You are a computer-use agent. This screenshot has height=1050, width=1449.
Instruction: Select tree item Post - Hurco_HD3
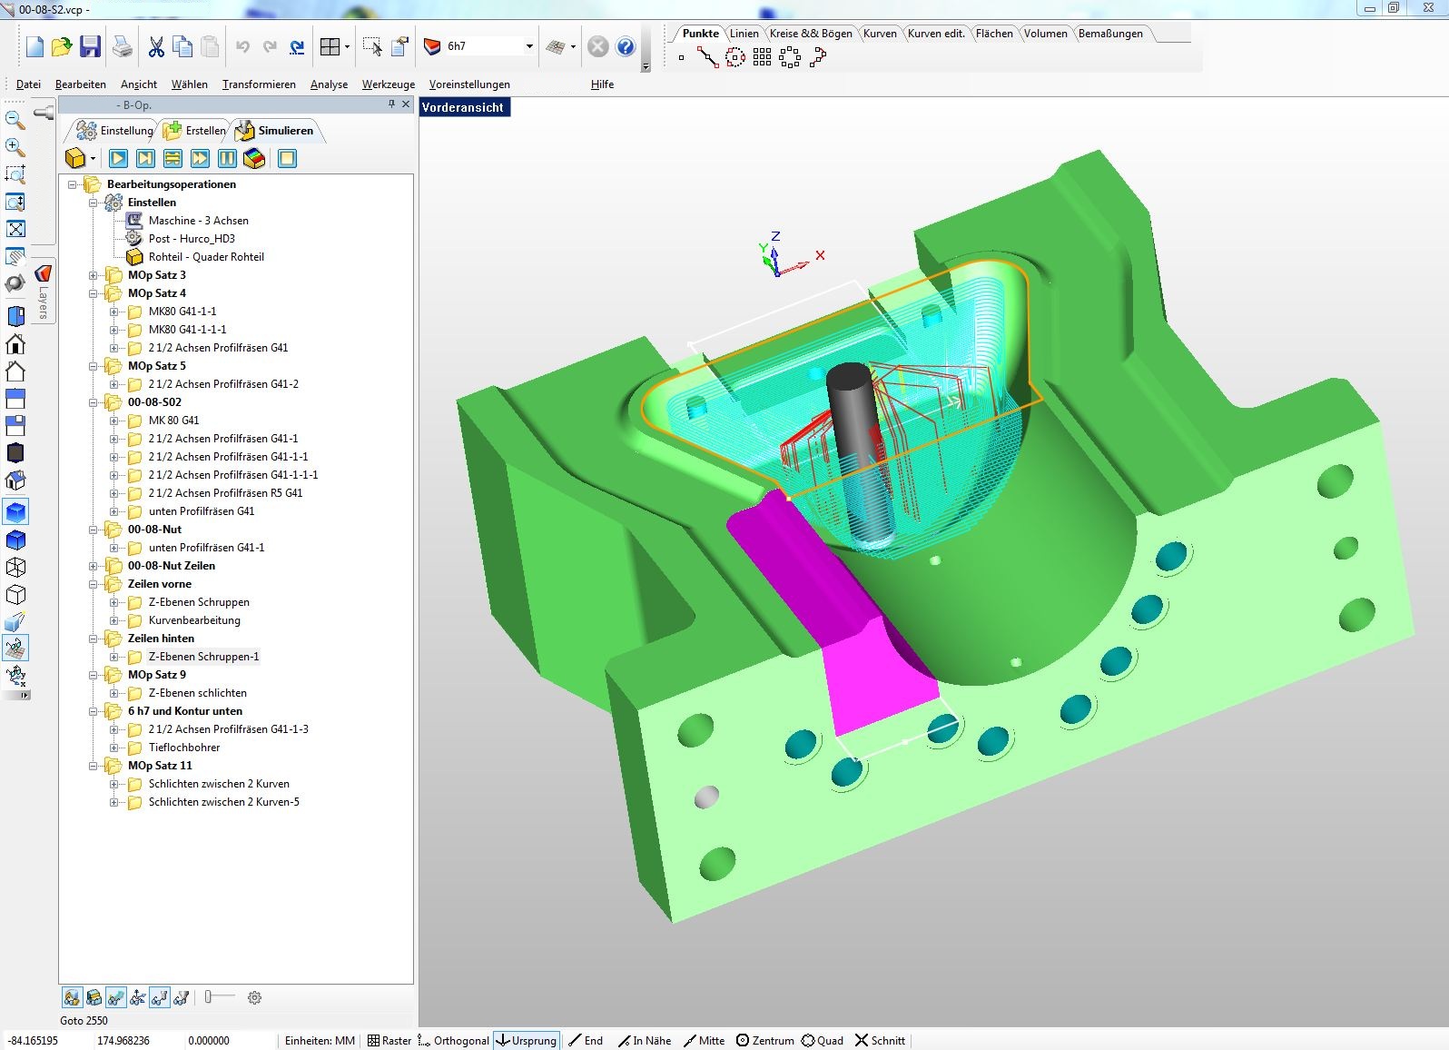[192, 239]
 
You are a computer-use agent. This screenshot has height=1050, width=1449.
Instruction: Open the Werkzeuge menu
[388, 84]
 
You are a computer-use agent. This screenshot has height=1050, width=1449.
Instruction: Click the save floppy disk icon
[90, 46]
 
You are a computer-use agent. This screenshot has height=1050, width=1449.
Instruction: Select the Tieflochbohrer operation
[184, 748]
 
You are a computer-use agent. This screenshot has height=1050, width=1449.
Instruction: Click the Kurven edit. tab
[935, 34]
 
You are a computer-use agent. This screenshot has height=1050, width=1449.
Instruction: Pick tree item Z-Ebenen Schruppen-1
[203, 657]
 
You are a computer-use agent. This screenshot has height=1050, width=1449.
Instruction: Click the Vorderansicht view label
[462, 107]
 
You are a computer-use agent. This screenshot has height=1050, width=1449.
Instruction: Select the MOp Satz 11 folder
[160, 766]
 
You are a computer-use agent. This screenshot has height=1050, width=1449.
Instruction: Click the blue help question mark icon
[626, 46]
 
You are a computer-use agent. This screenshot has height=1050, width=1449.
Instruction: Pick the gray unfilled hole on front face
[705, 797]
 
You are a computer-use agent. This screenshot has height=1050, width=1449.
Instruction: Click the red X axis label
[820, 255]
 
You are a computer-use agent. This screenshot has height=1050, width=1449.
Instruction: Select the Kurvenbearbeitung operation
[194, 620]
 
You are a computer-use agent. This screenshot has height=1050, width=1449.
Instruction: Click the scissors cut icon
[156, 46]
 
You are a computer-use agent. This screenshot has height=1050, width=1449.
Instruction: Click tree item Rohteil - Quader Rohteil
[206, 257]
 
